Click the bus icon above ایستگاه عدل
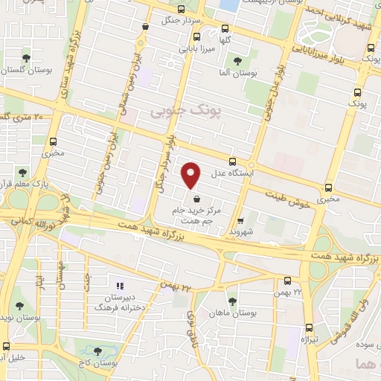click(233, 161)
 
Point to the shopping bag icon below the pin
click(195, 199)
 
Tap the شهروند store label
click(242, 231)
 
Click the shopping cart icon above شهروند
click(240, 220)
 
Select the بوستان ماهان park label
click(233, 313)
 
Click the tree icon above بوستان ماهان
click(232, 301)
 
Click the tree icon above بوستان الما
click(237, 62)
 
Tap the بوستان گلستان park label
click(26, 68)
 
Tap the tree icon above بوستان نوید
click(19, 306)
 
